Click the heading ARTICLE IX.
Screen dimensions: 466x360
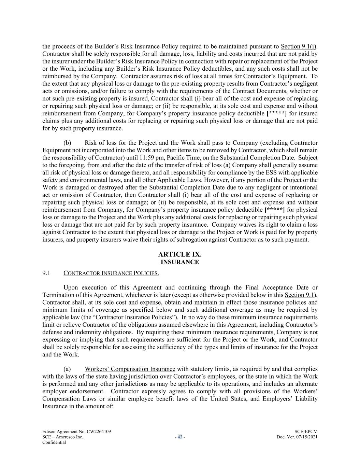tap(180, 254)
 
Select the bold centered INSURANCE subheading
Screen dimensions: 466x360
tap(180, 262)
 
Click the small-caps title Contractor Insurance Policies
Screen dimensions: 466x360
tap(111, 273)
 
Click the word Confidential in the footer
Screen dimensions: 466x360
tap(54, 442)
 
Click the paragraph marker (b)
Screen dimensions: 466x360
tap(67, 143)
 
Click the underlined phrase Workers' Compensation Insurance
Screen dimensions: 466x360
tap(130, 369)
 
